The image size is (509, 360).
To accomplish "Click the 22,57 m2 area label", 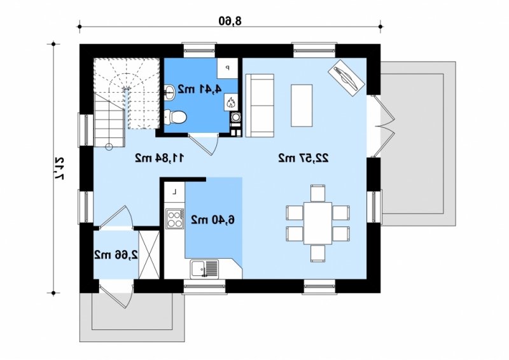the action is (x=303, y=158).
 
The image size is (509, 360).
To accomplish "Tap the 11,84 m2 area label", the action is (x=160, y=158).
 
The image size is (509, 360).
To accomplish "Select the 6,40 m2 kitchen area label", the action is (x=213, y=220).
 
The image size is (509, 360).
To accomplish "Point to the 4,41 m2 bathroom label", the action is (x=199, y=89).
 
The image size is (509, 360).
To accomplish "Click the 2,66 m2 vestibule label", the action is (x=116, y=254).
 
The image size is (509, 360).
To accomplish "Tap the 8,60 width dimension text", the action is (x=230, y=21).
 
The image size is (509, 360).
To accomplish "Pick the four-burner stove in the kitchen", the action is (x=174, y=218).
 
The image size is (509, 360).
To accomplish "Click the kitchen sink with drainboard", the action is (x=204, y=269).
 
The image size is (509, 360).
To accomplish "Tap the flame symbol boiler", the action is (x=231, y=103).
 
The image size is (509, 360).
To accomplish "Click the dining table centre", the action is (x=317, y=223).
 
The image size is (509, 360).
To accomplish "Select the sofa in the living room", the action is (x=260, y=106).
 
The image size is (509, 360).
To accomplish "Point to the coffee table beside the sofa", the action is (x=302, y=105).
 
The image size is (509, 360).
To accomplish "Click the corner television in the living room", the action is (x=346, y=78).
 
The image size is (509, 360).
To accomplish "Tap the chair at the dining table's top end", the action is (x=317, y=193).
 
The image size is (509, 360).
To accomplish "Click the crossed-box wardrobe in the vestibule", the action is (x=149, y=254).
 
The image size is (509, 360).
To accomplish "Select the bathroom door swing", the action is (x=204, y=144).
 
